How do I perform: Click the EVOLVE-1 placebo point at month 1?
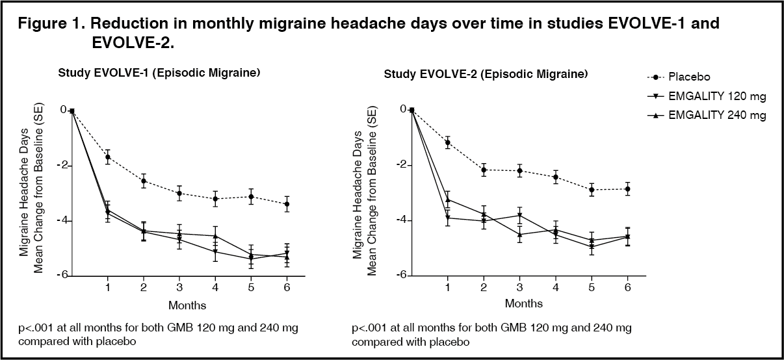pos(108,157)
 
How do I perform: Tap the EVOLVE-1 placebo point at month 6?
pos(287,204)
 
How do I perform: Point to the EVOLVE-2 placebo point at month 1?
pos(447,142)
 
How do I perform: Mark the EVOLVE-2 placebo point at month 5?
pos(592,190)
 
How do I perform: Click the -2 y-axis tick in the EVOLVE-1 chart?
pos(63,166)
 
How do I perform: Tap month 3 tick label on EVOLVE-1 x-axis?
pos(179,287)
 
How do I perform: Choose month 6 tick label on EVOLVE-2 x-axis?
pos(627,287)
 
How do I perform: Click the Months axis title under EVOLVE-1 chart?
pos(188,305)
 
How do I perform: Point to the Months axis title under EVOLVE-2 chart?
pos(523,303)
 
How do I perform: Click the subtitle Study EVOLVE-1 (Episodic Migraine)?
pos(159,73)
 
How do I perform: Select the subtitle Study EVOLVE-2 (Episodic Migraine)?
pos(486,73)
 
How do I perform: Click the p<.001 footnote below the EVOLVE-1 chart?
pos(159,334)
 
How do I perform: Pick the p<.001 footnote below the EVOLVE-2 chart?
pos(491,334)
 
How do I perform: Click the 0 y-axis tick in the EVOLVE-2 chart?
pos(403,109)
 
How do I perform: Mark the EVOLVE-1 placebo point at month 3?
pos(179,193)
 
